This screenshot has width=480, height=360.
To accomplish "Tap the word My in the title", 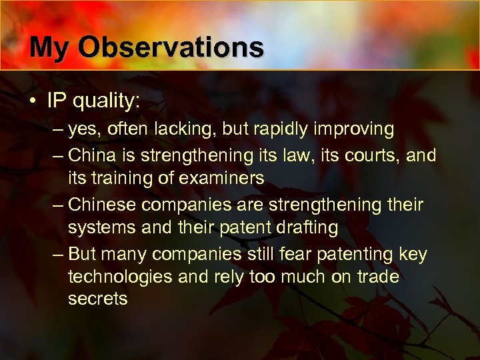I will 53,47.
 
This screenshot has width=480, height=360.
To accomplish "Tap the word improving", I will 358,129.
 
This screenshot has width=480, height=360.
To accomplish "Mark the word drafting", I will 306,227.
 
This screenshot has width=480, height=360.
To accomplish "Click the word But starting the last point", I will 83,255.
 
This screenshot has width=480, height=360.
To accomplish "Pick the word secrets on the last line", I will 97,299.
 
